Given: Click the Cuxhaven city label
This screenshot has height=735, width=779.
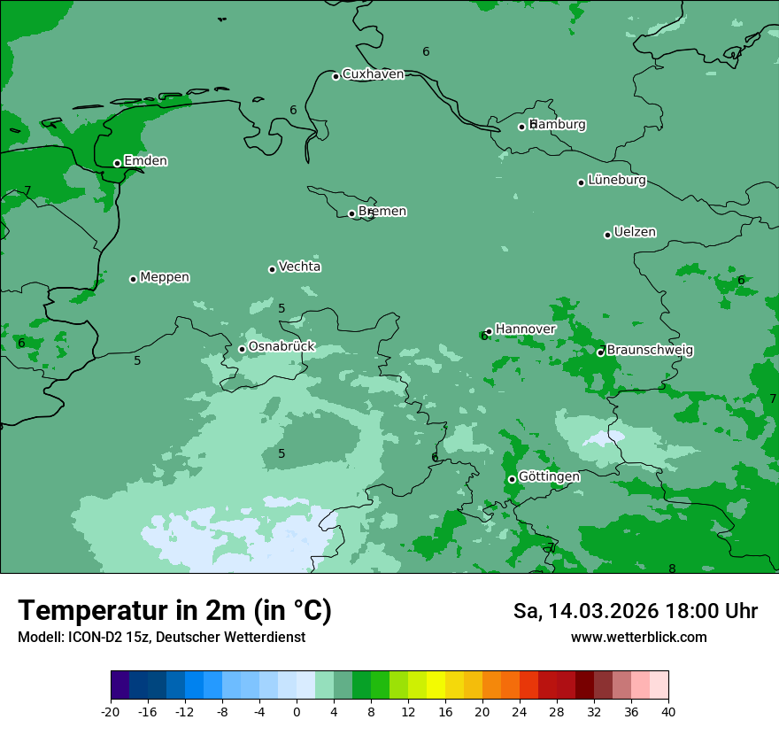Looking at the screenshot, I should tap(373, 74).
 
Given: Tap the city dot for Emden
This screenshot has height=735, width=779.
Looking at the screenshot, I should tap(117, 163).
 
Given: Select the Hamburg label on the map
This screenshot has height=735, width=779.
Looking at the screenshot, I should tap(558, 125).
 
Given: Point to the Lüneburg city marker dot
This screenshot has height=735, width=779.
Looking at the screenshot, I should tap(581, 182).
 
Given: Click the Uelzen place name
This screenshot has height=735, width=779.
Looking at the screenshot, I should tap(635, 233).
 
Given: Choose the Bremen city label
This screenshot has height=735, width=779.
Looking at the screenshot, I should tap(382, 212).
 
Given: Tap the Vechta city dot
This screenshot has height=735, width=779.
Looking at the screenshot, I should tap(272, 269).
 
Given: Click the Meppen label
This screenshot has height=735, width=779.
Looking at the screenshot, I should tap(165, 277).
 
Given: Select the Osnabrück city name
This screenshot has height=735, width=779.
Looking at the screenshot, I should tap(282, 347).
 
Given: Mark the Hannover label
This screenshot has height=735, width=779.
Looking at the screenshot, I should tap(525, 329).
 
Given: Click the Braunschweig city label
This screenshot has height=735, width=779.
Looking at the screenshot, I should tap(650, 351).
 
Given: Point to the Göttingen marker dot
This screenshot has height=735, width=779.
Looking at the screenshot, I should tap(512, 479).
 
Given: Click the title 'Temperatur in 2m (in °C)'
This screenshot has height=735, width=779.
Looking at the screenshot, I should tap(175, 611).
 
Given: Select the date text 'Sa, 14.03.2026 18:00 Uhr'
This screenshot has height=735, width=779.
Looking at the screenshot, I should tap(635, 611).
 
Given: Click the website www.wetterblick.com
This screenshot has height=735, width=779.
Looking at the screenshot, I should tap(638, 638).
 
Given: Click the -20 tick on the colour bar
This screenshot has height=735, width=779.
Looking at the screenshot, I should tap(111, 711).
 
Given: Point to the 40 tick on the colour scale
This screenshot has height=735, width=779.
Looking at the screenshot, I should tap(668, 711).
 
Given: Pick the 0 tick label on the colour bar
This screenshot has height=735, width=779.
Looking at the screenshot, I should tap(297, 711).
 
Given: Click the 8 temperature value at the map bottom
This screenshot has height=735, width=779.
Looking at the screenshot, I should tap(672, 569).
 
